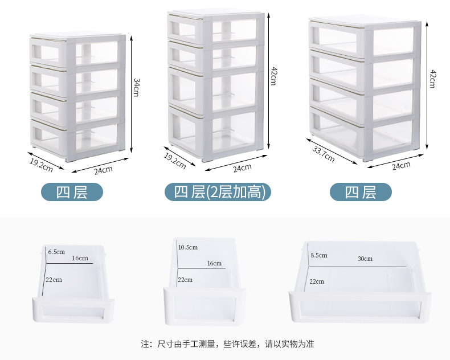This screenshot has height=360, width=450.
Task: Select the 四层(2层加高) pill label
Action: [219, 193]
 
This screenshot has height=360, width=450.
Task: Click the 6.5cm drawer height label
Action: [56, 251]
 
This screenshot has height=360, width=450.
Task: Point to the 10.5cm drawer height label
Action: [187, 247]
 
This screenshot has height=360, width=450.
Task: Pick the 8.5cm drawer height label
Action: [318, 255]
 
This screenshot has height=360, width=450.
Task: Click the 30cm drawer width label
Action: [365, 259]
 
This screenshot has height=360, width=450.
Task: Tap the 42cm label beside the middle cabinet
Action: [273, 76]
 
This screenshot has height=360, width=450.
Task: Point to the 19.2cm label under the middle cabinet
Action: [175, 161]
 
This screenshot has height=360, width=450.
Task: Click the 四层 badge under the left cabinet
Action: [72, 193]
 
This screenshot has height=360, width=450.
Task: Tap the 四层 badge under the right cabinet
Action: [361, 193]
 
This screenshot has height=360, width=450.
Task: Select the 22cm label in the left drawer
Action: [55, 280]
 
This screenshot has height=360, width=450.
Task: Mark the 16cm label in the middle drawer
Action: [214, 263]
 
